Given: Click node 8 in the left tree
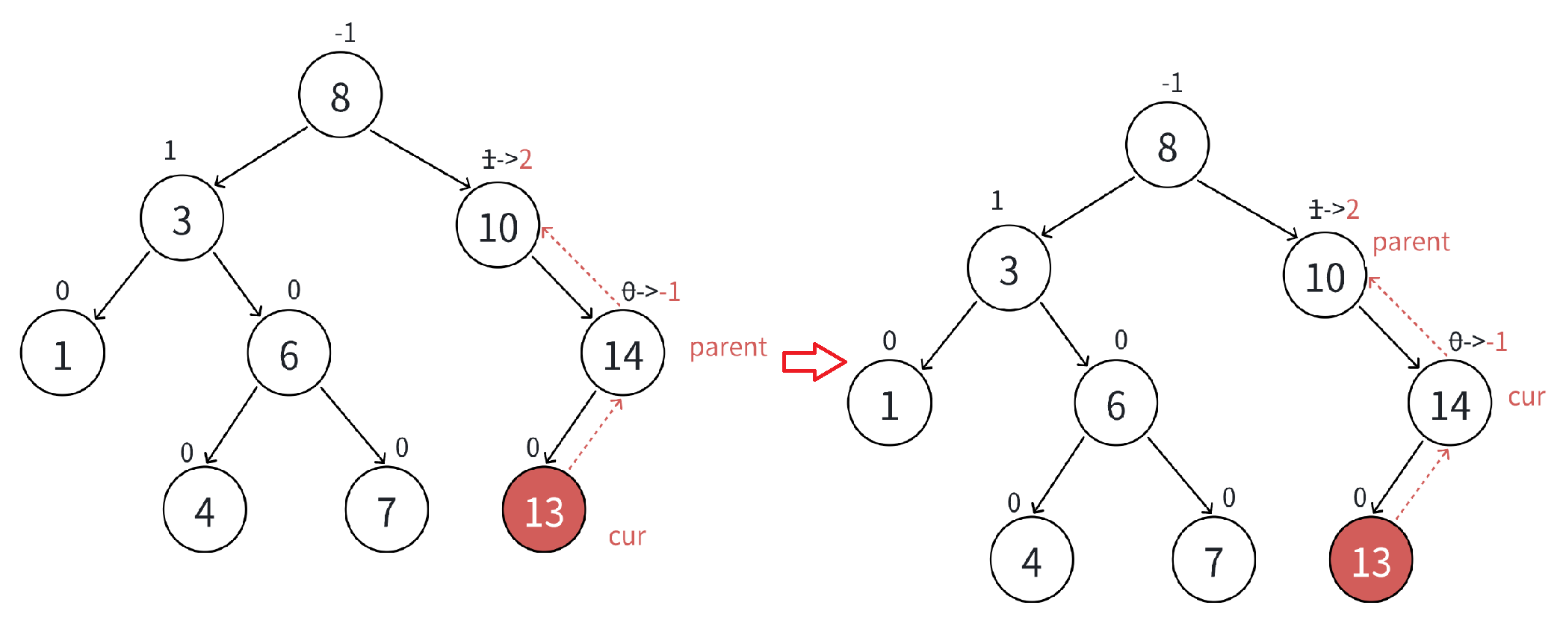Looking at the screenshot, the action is pos(340,95).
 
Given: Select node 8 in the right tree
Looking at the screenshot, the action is pos(1167,145).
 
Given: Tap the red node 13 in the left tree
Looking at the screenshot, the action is pos(544,511).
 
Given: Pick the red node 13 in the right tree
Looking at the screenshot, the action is pos(1371,560).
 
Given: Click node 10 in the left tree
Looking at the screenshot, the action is pos(498,226).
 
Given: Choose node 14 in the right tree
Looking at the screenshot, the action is pos(1449,403).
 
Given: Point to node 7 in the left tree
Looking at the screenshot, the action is pos(386,511).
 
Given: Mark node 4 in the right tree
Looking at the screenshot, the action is pos(1031,560).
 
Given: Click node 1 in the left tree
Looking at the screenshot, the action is pos(63,353).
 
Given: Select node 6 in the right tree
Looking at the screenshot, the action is pos(1115,403).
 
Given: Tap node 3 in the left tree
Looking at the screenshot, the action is pos(182,219).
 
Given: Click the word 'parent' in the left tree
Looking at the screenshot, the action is pos(728,347).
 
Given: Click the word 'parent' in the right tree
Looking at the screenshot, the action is pos(1411,242).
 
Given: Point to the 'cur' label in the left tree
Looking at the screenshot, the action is pos(627,536).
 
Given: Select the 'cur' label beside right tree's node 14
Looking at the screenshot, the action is pos(1526,397).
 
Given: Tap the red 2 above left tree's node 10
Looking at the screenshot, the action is pos(526,159).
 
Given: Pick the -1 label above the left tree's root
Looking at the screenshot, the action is pos(345,33).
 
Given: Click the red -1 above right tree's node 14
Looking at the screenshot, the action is pos(1497,342).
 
